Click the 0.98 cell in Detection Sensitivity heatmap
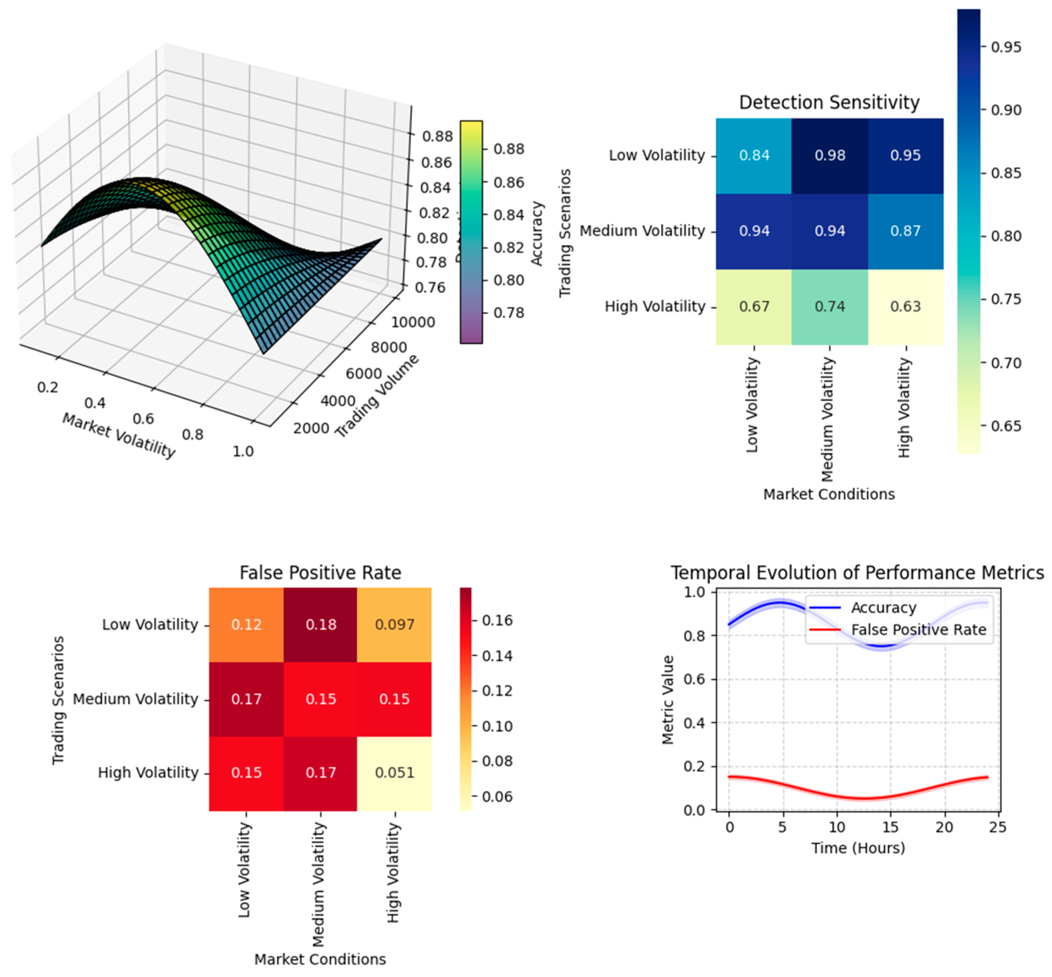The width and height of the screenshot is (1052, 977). click(829, 155)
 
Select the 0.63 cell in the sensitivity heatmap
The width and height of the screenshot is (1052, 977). click(905, 307)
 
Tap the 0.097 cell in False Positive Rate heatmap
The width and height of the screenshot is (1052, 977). click(394, 625)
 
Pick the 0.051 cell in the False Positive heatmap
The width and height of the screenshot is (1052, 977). click(394, 772)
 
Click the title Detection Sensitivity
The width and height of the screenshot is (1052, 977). click(829, 102)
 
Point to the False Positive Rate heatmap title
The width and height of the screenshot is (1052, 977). click(320, 573)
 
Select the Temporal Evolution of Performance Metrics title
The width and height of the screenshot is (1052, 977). click(857, 573)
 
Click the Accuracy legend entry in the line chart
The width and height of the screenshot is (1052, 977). click(883, 608)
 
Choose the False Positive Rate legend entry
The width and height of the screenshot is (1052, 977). click(918, 630)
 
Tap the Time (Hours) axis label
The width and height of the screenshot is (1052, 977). click(857, 848)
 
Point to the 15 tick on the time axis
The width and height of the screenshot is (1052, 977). click(890, 827)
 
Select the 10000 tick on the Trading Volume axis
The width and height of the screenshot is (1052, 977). click(413, 322)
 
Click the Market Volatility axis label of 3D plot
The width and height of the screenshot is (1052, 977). click(119, 435)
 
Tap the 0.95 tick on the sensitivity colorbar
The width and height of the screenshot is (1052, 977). click(1006, 47)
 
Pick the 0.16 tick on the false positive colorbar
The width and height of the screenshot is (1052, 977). click(497, 620)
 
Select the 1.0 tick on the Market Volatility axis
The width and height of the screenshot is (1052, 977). click(243, 451)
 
